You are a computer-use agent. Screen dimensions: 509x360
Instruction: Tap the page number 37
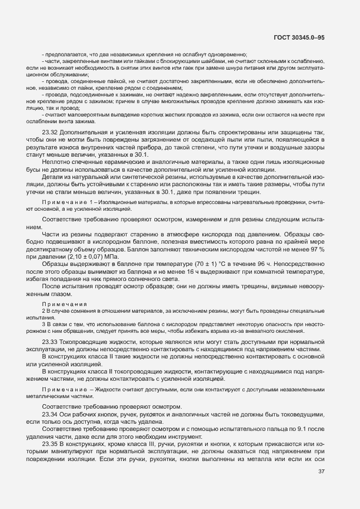pyautogui.click(x=322, y=487)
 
